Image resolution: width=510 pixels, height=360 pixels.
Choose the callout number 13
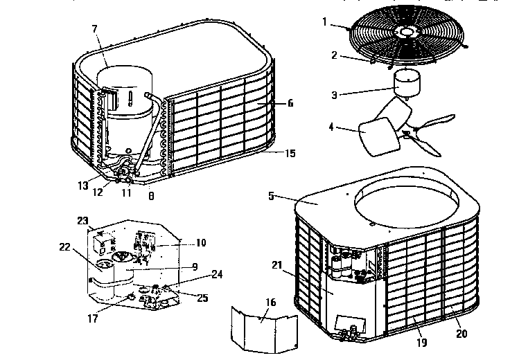point(82,186)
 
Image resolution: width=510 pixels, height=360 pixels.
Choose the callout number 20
point(461,333)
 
